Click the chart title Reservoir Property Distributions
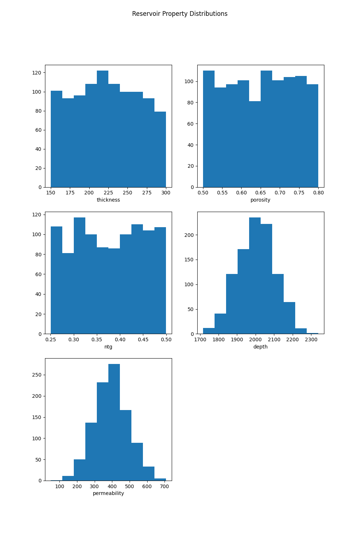[x=180, y=14]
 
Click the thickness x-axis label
[x=108, y=200]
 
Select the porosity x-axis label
[x=260, y=200]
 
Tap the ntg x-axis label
[x=108, y=347]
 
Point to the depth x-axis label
[x=260, y=347]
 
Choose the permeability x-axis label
[x=108, y=493]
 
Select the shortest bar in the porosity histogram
[x=255, y=144]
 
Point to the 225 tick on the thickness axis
[x=108, y=193]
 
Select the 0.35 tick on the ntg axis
[x=97, y=339]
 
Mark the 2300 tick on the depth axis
[x=311, y=339]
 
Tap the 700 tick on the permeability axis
[x=164, y=486]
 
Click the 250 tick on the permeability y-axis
[x=37, y=375]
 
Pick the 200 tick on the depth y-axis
[x=189, y=235]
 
